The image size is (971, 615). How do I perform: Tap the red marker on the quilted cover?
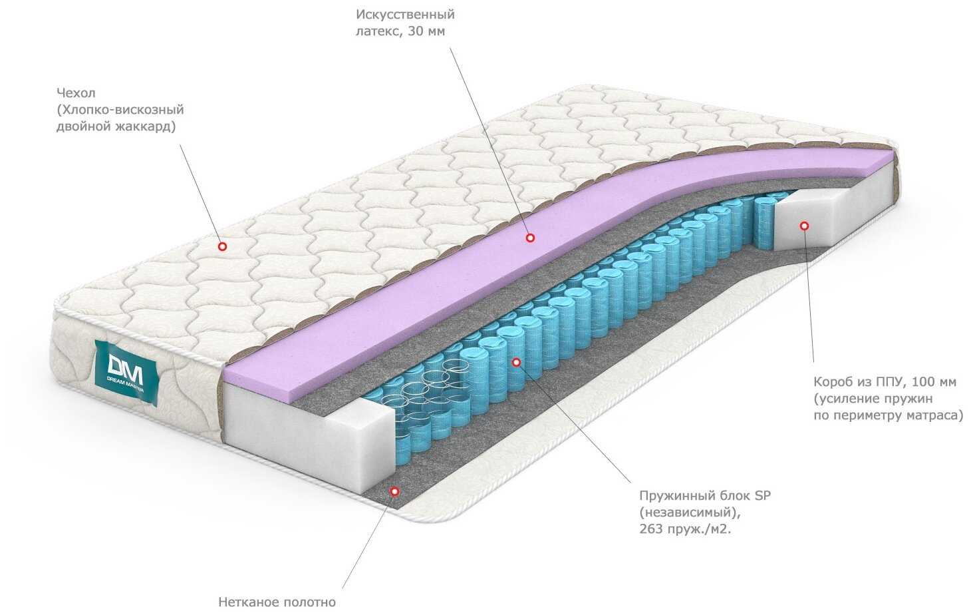click(222, 246)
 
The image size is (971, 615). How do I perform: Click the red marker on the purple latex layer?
click(530, 237)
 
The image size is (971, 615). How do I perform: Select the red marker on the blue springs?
click(515, 361)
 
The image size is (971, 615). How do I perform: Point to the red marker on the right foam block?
click(804, 226)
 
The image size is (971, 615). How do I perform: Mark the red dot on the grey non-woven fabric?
click(394, 492)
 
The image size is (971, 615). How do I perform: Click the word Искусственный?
click(405, 14)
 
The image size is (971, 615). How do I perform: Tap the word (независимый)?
click(688, 512)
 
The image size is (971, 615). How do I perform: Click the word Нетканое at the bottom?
click(247, 602)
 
